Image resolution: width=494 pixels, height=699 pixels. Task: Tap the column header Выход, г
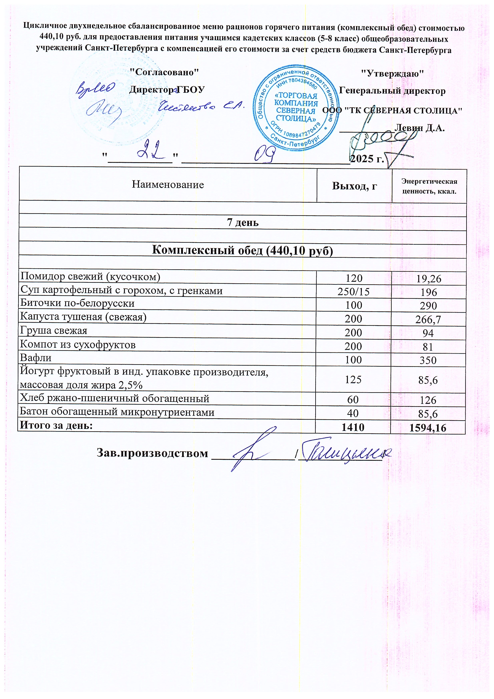pos(354,185)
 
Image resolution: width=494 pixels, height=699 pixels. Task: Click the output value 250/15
pos(353,292)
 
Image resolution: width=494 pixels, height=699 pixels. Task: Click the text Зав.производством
pos(152,453)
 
